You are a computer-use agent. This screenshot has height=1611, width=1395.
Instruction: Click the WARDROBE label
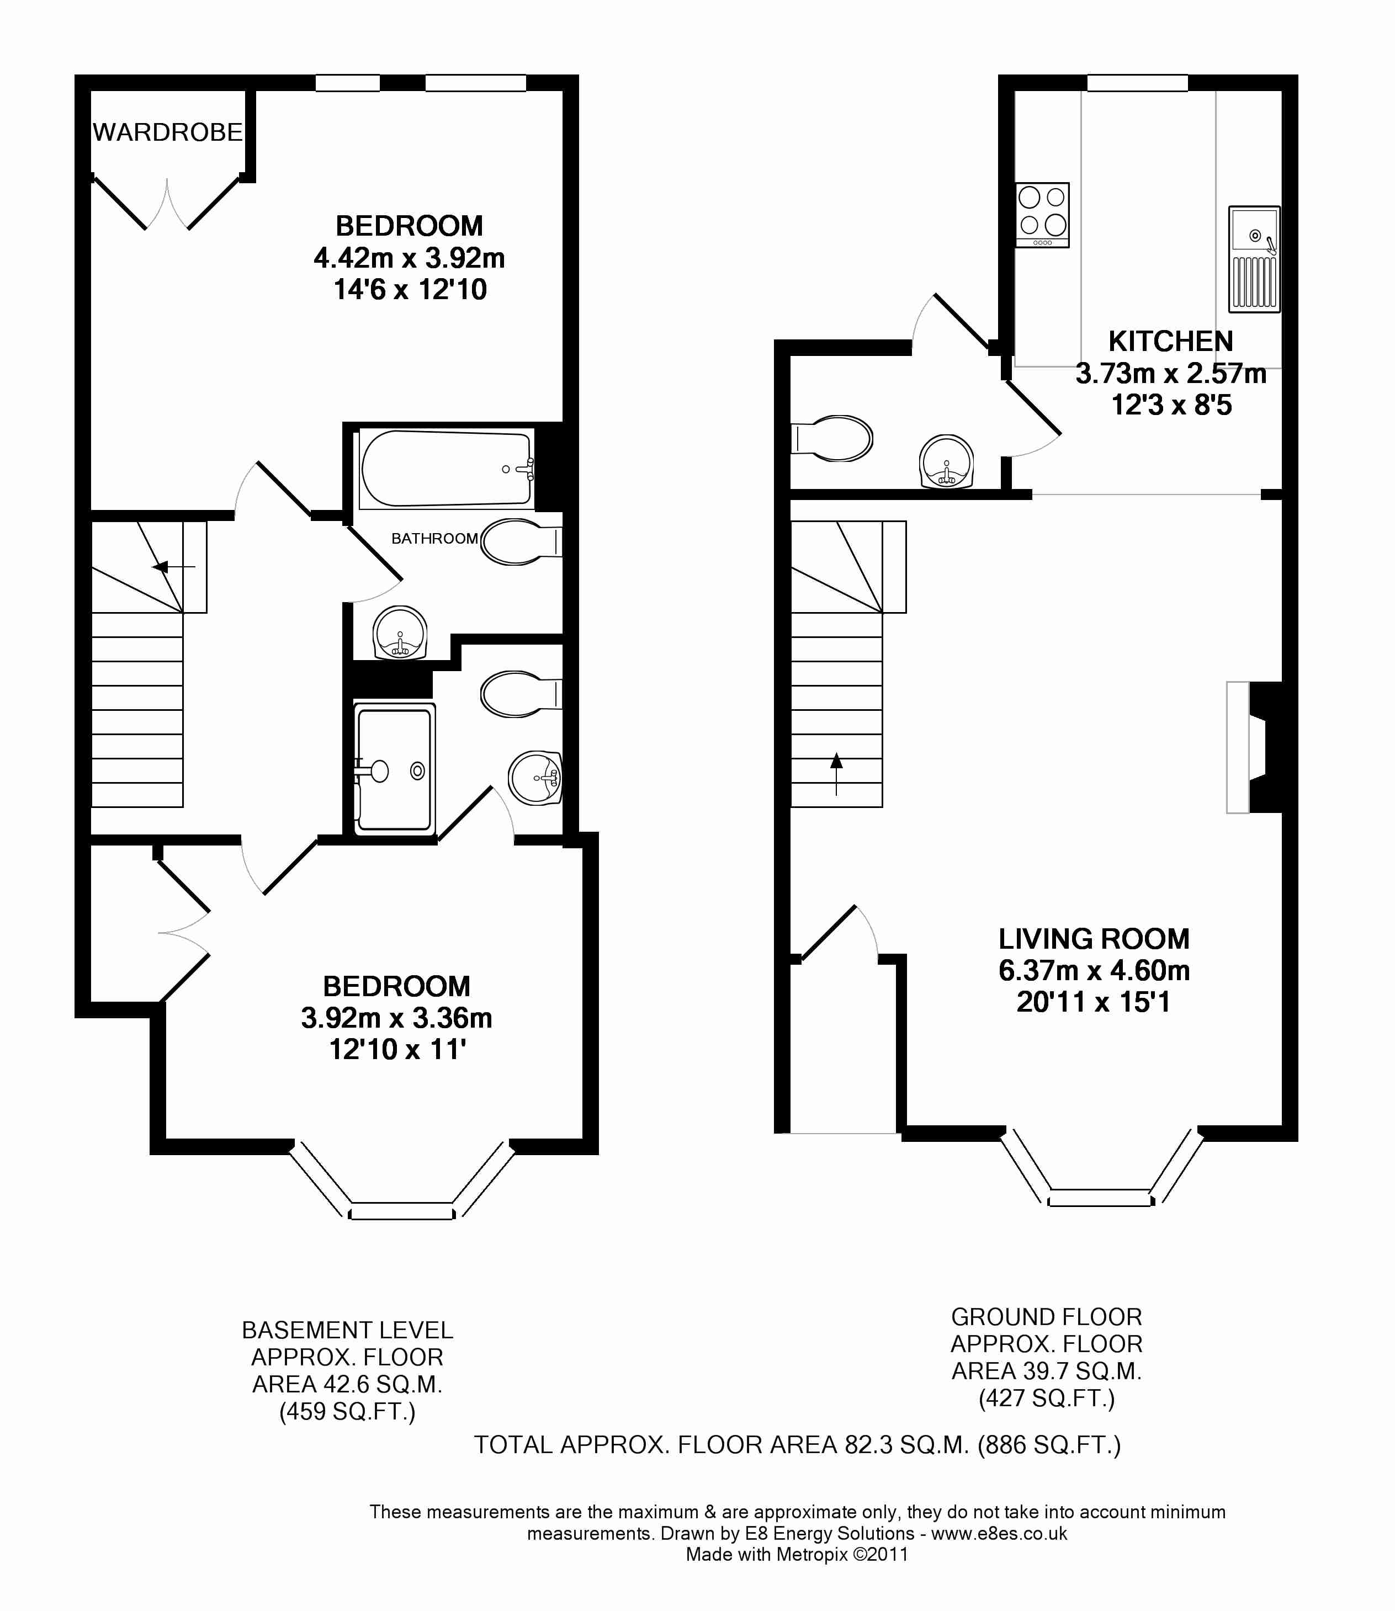pos(167,132)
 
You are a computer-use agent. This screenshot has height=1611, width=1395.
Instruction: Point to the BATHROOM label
pos(434,539)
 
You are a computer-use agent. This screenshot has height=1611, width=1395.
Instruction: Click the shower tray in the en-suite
pos(394,769)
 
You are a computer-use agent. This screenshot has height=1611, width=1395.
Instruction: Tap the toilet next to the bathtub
pos(521,541)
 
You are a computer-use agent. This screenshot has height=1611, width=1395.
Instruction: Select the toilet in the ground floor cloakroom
pos(831,438)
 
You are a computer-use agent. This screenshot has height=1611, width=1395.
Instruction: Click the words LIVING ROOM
pos(1094,939)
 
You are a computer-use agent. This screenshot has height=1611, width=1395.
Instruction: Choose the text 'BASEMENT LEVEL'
pos(347,1330)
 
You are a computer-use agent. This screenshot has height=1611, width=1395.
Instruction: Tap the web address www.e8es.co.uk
pos(1000,1533)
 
